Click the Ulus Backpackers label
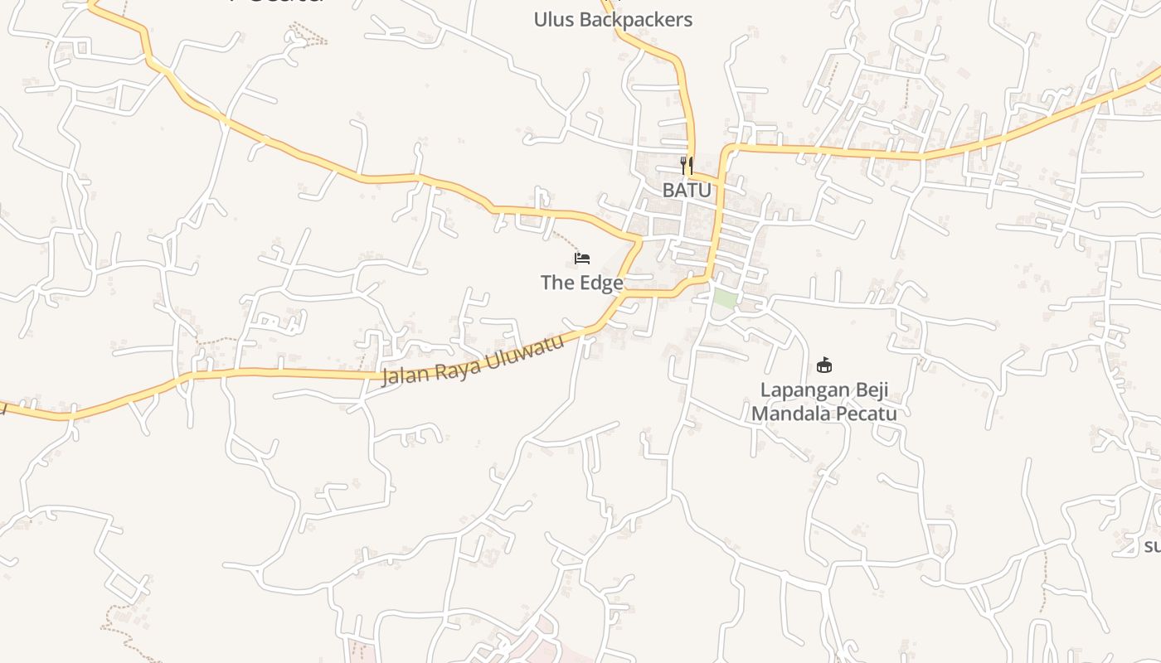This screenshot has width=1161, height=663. point(613,20)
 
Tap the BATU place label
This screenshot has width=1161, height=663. point(687,190)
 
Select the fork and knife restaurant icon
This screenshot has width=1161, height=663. point(686,166)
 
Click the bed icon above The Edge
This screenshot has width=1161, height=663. point(582,259)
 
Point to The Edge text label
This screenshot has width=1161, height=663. point(582,283)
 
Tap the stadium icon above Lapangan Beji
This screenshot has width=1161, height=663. point(824,365)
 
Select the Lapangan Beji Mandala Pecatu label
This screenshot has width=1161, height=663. point(824,401)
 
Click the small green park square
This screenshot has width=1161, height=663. point(725,299)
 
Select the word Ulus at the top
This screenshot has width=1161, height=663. point(554,20)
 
